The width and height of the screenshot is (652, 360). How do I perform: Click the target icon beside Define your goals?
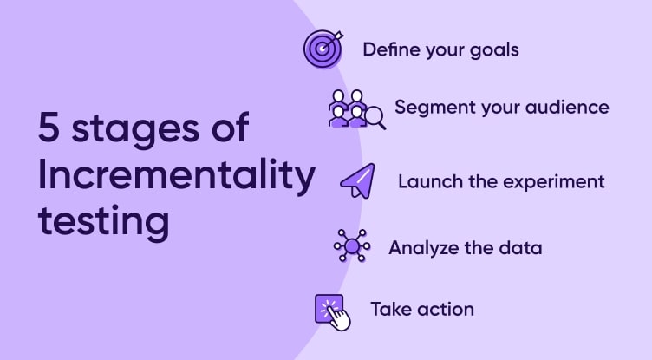(x=323, y=49)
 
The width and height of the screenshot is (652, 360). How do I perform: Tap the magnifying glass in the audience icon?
(x=376, y=118)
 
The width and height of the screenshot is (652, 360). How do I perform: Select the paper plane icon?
(x=357, y=181)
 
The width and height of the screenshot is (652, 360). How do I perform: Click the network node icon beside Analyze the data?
(x=352, y=245)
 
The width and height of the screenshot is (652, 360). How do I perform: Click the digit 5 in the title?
(x=49, y=127)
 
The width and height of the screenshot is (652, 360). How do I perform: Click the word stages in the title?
(x=135, y=130)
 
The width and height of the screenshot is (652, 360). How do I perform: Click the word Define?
(x=391, y=49)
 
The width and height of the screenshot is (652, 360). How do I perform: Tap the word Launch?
(x=430, y=181)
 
